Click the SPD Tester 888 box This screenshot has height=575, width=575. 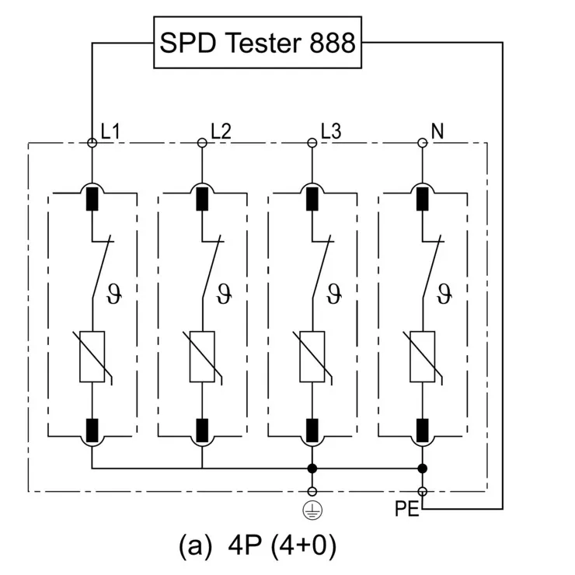pos(257,43)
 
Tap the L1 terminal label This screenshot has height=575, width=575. pos(110,131)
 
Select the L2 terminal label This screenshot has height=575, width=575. pos(221,131)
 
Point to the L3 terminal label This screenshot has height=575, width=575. pos(330,131)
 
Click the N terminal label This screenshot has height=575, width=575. pos(437,131)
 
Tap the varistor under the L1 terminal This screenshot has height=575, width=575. pos(92,356)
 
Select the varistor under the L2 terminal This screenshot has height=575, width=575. pos(202,356)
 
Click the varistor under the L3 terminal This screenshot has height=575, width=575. pos(312,356)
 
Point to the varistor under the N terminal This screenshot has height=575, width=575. pos(422,356)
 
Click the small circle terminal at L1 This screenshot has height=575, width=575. pos(92,143)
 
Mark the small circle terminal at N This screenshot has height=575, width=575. pos(422,143)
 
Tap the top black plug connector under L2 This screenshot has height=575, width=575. pos(202,199)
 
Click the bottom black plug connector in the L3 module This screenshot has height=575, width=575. pos(312,429)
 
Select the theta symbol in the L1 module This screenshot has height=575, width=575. pos(120,294)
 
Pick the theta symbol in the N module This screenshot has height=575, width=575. pos(444,294)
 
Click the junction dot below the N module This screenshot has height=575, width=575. pos(422,469)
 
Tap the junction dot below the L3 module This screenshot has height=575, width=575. pos(312,469)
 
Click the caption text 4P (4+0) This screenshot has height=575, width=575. pos(258,546)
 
